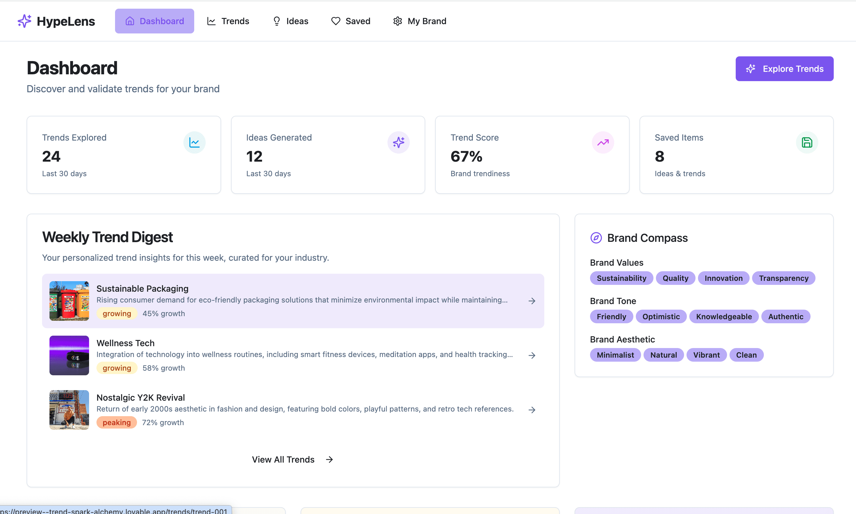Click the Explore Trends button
[784, 68]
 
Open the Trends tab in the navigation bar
[228, 21]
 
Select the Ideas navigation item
[290, 21]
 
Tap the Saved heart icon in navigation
[336, 21]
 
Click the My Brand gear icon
[397, 21]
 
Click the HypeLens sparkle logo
[24, 21]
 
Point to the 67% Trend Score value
[466, 157]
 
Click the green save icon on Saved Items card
[807, 142]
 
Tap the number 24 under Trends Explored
[51, 157]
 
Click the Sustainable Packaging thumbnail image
[69, 301]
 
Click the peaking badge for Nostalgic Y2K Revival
[117, 423]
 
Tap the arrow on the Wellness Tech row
[532, 355]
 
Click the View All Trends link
[292, 459]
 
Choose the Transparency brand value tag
[783, 278]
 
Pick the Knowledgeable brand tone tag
[724, 316]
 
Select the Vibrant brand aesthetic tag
[706, 355]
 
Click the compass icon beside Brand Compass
[596, 238]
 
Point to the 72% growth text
[163, 423]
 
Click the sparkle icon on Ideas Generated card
[398, 142]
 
